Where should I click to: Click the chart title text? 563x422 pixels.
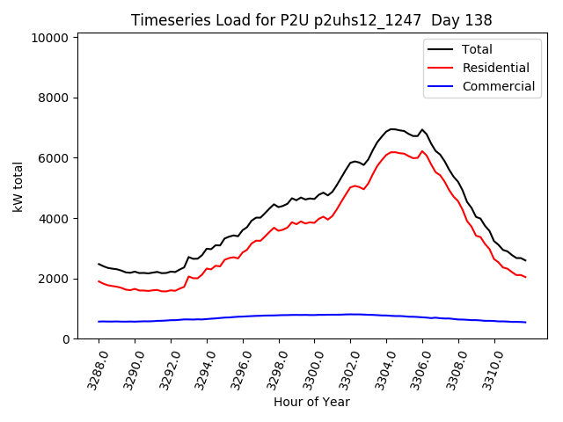click(x=311, y=19)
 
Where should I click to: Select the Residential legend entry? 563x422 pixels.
click(x=495, y=68)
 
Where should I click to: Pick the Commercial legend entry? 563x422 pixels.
click(x=498, y=86)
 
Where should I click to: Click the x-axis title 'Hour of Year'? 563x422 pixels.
click(x=311, y=402)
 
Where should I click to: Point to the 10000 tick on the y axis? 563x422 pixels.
click(x=49, y=38)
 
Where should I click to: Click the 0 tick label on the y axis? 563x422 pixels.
click(x=65, y=339)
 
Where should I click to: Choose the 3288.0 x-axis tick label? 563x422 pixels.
click(x=91, y=367)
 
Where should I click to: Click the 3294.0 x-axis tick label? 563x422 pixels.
click(x=199, y=367)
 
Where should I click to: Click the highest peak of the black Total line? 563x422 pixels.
click(x=391, y=129)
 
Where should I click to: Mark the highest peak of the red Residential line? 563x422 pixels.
click(x=393, y=152)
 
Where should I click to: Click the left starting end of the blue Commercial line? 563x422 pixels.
click(x=99, y=322)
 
